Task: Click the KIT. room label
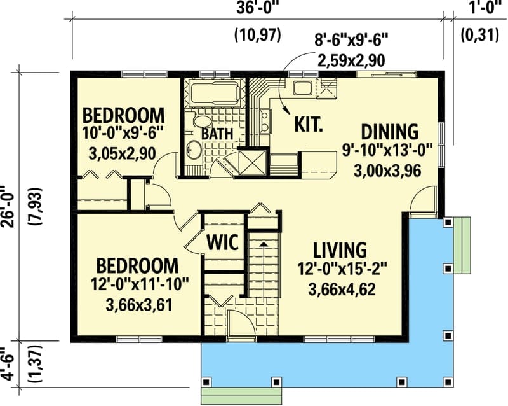[309, 123]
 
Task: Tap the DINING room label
[390, 132]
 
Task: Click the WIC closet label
[222, 242]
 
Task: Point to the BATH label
[217, 134]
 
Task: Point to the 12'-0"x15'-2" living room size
[341, 269]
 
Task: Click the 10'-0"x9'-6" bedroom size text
[123, 134]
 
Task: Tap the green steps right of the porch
[462, 245]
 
